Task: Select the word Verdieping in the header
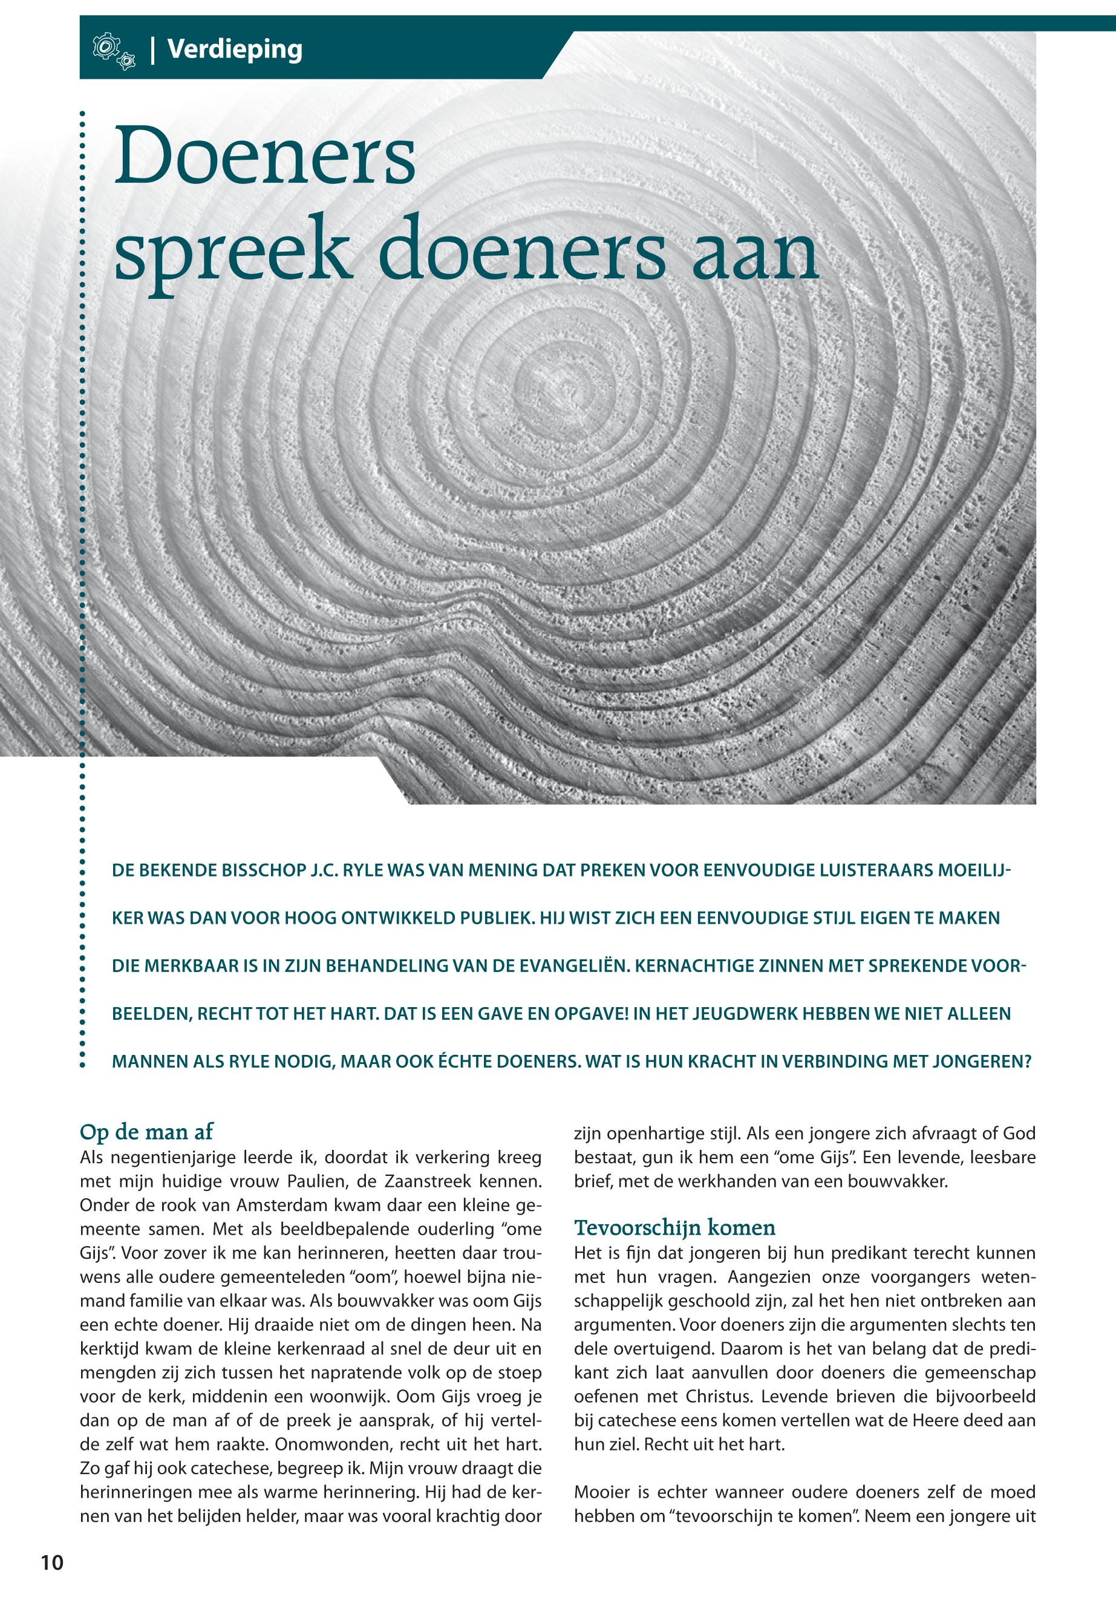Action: [234, 50]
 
